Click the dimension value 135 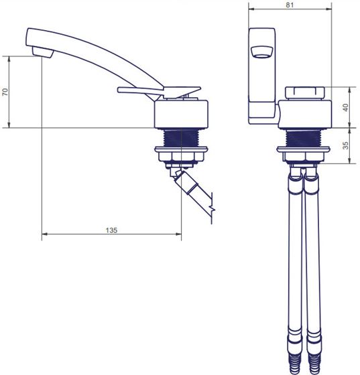111,230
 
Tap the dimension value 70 5,92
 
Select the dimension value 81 290,5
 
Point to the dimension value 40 346,107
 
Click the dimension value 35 345,145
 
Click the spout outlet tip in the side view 43,52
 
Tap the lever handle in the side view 159,92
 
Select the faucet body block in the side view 181,115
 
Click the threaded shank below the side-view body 181,138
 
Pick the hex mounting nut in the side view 181,157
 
